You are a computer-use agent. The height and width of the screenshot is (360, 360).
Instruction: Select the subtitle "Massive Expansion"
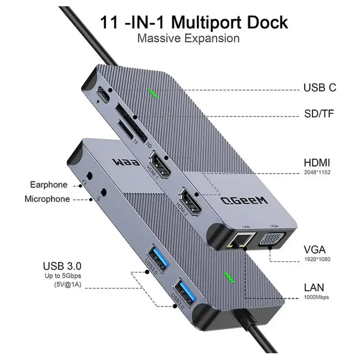[x=188, y=38]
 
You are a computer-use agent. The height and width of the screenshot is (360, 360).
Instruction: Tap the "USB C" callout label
[x=320, y=87]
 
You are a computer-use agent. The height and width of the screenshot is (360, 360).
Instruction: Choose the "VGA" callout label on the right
[x=315, y=251]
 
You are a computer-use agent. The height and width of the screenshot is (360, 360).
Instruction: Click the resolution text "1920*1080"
[x=318, y=260]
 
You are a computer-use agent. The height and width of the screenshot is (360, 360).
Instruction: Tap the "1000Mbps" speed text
[x=316, y=297]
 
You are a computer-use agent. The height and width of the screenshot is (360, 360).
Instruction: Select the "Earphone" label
[x=49, y=184]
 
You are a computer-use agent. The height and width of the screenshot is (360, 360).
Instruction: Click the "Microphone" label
[x=47, y=198]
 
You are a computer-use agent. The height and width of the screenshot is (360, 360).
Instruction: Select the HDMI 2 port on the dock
[x=191, y=201]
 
